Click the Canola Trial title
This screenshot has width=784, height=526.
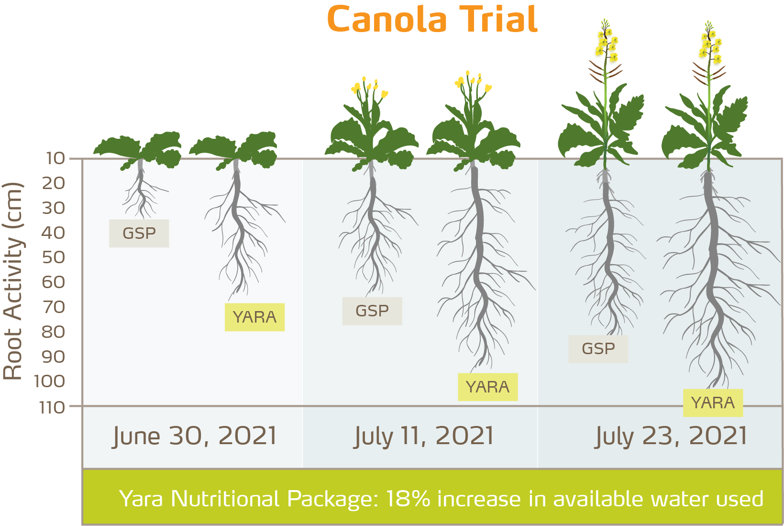click(432, 20)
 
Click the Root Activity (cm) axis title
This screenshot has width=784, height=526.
click(13, 281)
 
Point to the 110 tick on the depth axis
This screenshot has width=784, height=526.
click(52, 407)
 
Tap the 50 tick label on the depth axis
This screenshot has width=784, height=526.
click(53, 257)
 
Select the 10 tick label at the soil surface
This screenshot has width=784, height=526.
click(55, 158)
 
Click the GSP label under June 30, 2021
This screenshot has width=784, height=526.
click(139, 234)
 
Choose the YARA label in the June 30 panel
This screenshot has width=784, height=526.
click(254, 317)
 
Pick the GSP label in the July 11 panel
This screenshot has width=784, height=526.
click(372, 311)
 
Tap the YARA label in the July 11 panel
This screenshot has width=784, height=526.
click(487, 387)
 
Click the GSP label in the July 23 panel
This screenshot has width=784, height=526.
click(598, 349)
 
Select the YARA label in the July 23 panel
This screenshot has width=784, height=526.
click(713, 403)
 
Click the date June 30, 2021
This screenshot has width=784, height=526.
click(195, 436)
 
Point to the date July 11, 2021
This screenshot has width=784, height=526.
click(423, 436)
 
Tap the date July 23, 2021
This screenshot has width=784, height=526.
click(671, 436)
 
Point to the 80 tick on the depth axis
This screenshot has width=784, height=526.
click(53, 332)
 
